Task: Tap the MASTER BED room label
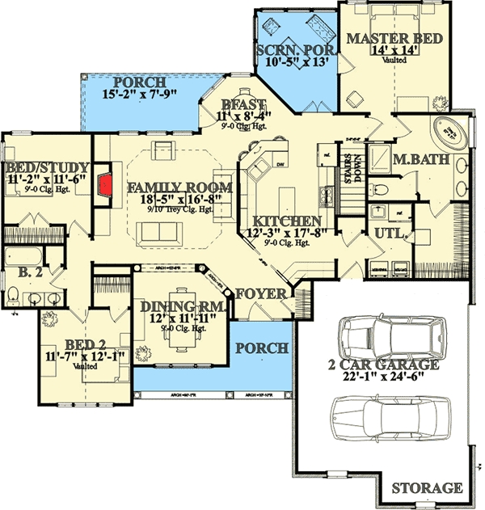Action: tap(384, 39)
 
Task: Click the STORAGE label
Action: tap(427, 488)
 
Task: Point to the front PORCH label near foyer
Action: tap(261, 348)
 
